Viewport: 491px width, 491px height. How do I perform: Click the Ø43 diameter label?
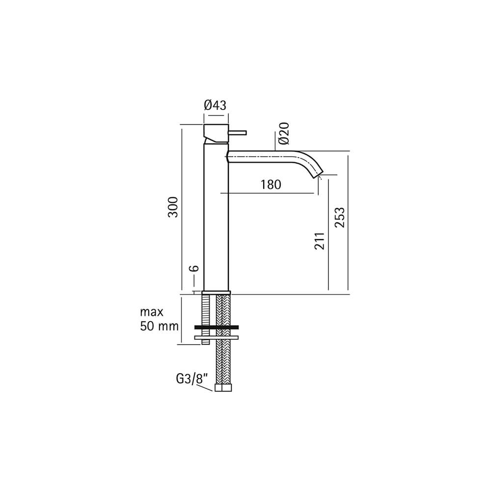(x=215, y=105)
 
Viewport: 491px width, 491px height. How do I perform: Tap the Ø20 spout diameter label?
(x=284, y=134)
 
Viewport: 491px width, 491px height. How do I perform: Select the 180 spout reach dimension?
(x=271, y=185)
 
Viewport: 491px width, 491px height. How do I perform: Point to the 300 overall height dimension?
(x=173, y=207)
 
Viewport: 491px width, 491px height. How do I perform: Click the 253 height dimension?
(x=339, y=218)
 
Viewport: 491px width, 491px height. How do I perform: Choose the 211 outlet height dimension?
(x=320, y=241)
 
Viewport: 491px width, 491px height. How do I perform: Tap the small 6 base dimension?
(x=194, y=268)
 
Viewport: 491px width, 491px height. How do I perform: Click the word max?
(x=152, y=312)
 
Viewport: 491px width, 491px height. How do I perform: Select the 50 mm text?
(x=159, y=327)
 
